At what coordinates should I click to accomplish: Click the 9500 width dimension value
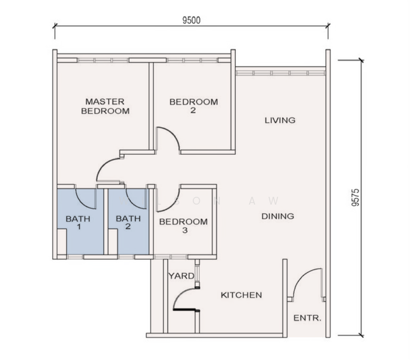[x=191, y=20]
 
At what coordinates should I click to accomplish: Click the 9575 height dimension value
[x=355, y=197]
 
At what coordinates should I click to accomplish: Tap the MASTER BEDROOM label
[x=105, y=106]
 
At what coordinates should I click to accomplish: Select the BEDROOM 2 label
[x=193, y=106]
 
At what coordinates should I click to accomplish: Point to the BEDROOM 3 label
[x=183, y=226]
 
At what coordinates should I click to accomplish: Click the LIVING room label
[x=280, y=120]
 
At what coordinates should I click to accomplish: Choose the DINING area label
[x=278, y=216]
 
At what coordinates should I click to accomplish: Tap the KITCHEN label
[x=241, y=295]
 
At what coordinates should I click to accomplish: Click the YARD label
[x=181, y=276]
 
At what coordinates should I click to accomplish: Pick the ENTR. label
[x=307, y=318]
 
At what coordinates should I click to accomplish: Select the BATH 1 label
[x=78, y=222]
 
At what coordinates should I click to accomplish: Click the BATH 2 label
[x=128, y=222]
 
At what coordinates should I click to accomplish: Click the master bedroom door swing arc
[x=103, y=164]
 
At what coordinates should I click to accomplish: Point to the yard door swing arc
[x=180, y=294]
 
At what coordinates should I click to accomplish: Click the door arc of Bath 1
[x=82, y=202]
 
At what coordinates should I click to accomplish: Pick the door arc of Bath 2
[x=133, y=202]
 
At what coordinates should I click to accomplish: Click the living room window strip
[x=280, y=73]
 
